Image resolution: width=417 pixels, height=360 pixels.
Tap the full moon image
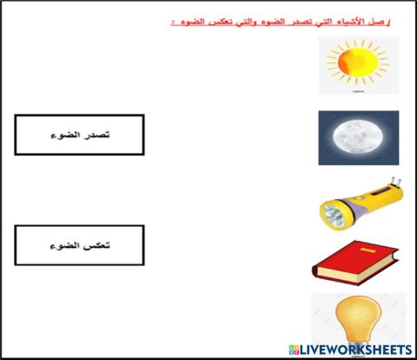point(357,137)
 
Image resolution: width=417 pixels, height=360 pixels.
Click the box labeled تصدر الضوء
point(80,136)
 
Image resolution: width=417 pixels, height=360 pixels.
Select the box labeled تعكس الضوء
point(80,245)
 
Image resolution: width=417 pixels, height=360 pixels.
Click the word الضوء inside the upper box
point(65,136)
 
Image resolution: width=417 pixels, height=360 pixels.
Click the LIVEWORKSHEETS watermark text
point(360,349)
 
